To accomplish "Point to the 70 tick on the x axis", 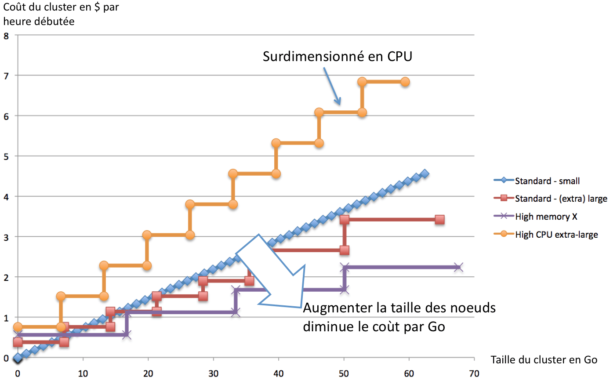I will pyautogui.click(x=474, y=373).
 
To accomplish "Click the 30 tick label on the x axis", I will pyautogui.click(x=213, y=373).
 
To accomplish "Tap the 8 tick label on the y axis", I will pyautogui.click(x=6, y=36).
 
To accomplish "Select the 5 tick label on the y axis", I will pyautogui.click(x=6, y=157).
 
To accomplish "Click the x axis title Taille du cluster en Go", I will pyautogui.click(x=544, y=360).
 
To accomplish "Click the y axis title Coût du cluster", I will pyautogui.click(x=61, y=14).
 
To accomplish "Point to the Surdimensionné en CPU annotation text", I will pyautogui.click(x=337, y=56).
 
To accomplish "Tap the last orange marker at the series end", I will pyautogui.click(x=405, y=82).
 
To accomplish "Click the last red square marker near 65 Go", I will pyautogui.click(x=439, y=220).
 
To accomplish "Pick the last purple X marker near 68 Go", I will pyautogui.click(x=458, y=267).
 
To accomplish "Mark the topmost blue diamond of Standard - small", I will pyautogui.click(x=425, y=174).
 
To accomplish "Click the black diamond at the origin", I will pyautogui.click(x=18, y=359).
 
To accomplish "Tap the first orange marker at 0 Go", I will pyautogui.click(x=18, y=327).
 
